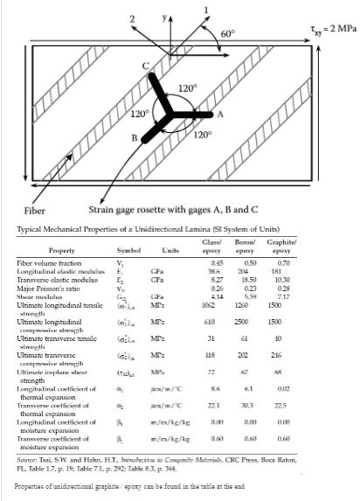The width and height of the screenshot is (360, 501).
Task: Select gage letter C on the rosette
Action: click(146, 66)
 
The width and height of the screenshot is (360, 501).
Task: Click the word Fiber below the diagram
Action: click(34, 211)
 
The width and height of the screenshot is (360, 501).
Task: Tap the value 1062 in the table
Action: click(207, 303)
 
